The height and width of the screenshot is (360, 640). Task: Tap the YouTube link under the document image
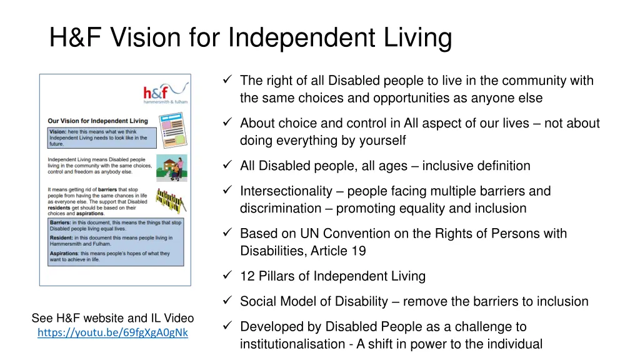pyautogui.click(x=112, y=332)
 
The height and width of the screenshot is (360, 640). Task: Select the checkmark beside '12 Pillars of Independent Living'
pyautogui.click(x=227, y=276)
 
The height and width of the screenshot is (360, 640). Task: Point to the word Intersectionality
pyautogui.click(x=286, y=191)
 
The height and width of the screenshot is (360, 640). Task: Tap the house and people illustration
pyautogui.click(x=171, y=167)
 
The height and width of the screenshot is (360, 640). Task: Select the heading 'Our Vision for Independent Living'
pyautogui.click(x=97, y=121)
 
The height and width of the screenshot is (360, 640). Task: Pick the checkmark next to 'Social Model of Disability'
pyautogui.click(x=227, y=301)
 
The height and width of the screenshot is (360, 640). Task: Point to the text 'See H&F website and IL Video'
pyautogui.click(x=112, y=318)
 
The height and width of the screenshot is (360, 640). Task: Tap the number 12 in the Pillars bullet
pyautogui.click(x=247, y=276)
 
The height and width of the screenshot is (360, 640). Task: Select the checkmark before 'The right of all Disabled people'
pyautogui.click(x=227, y=80)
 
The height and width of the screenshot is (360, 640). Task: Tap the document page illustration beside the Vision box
pyautogui.click(x=171, y=131)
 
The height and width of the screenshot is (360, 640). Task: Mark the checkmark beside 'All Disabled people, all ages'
pyautogui.click(x=227, y=166)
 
